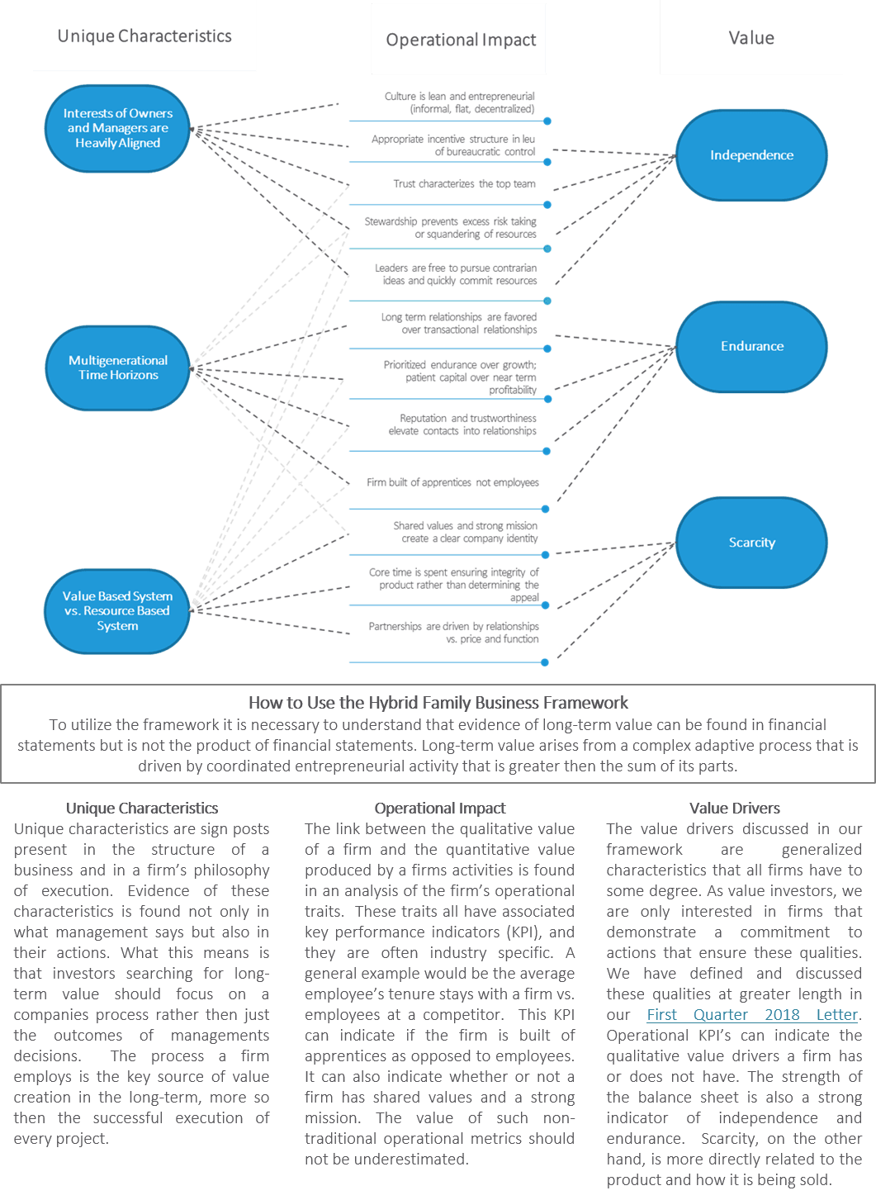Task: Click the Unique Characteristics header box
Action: [x=144, y=36]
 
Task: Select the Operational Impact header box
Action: [x=460, y=40]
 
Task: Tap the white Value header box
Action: [x=751, y=38]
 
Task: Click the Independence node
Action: [x=751, y=155]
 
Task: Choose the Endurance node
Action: [x=751, y=346]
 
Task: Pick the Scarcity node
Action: [x=751, y=543]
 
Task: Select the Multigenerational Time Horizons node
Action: [x=118, y=368]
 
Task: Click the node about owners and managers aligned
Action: [x=118, y=128]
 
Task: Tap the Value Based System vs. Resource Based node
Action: [x=118, y=611]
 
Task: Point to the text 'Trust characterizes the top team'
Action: [x=465, y=184]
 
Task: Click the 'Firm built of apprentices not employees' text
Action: [x=452, y=482]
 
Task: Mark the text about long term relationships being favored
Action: [x=459, y=323]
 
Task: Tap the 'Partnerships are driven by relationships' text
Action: [x=453, y=633]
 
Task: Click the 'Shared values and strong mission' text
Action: [x=465, y=532]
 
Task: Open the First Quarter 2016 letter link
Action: [x=752, y=1014]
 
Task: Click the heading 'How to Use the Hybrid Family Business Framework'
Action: [x=438, y=703]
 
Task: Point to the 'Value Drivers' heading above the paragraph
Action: [x=735, y=809]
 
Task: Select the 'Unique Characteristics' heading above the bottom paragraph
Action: [x=142, y=809]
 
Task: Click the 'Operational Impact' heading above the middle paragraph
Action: [x=439, y=809]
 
